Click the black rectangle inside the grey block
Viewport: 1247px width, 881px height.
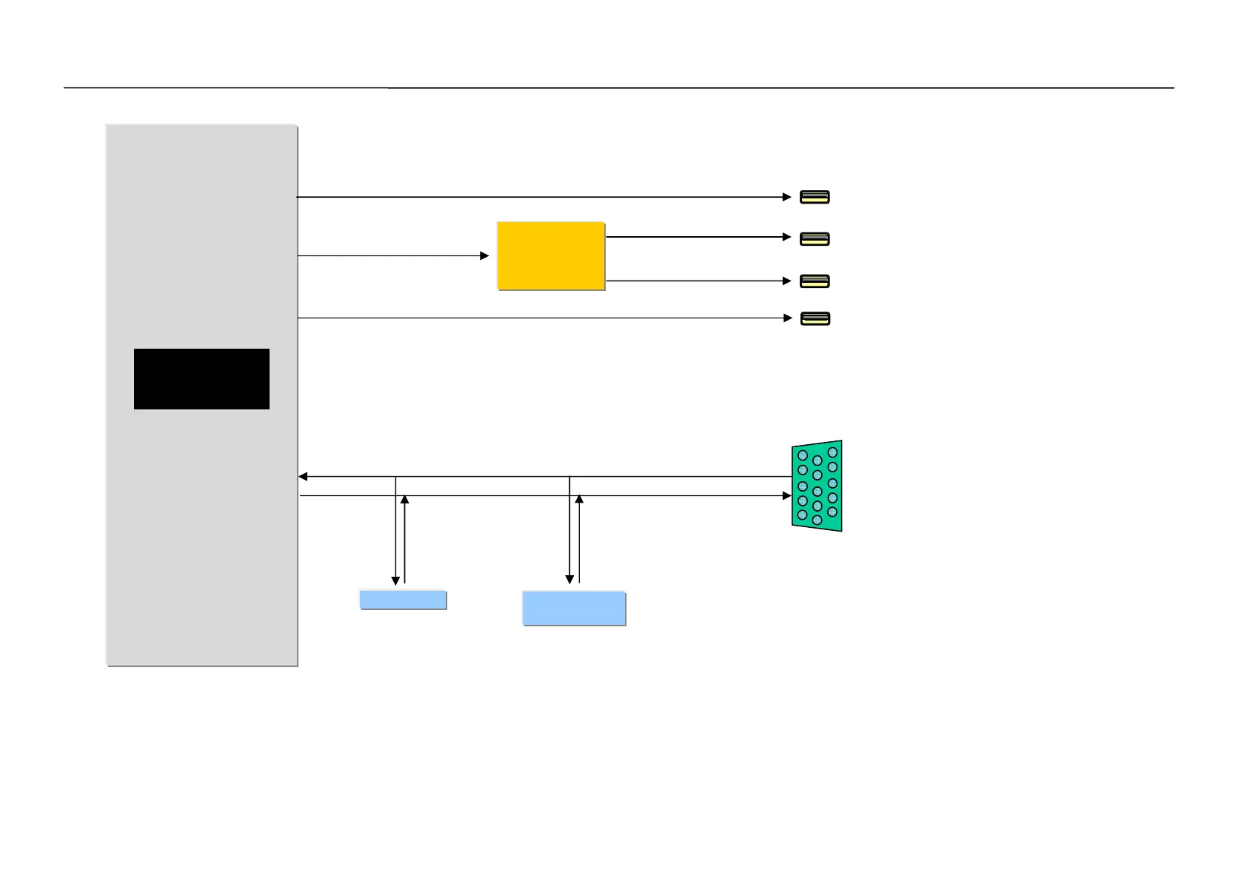pyautogui.click(x=201, y=378)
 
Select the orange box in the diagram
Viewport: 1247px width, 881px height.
pyautogui.click(x=551, y=255)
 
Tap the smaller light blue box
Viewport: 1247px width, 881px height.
pyautogui.click(x=403, y=600)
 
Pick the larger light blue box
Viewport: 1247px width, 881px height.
pyautogui.click(x=574, y=609)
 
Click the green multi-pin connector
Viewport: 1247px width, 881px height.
pyautogui.click(x=817, y=486)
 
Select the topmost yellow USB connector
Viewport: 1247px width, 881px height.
pyautogui.click(x=815, y=197)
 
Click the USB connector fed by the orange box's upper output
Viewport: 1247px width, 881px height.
pyautogui.click(x=815, y=239)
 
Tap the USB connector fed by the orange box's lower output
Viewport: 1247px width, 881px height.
pyautogui.click(x=815, y=281)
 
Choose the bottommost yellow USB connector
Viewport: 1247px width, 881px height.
pyautogui.click(x=815, y=318)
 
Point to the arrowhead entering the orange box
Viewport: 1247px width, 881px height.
pyautogui.click(x=484, y=255)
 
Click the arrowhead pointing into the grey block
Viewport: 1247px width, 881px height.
pyautogui.click(x=303, y=477)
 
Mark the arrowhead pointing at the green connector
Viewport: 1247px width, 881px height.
pyautogui.click(x=787, y=495)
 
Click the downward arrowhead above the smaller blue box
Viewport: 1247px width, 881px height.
pyautogui.click(x=395, y=581)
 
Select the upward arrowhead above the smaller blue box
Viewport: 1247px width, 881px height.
pyautogui.click(x=404, y=500)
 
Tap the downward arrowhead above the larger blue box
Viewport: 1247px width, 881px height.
pyautogui.click(x=569, y=580)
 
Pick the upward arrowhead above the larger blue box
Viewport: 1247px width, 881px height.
pyautogui.click(x=579, y=500)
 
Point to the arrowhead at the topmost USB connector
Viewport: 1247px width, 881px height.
pyautogui.click(x=787, y=197)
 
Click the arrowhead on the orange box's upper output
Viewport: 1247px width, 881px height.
pyautogui.click(x=787, y=237)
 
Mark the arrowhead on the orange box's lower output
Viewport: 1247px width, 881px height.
pyautogui.click(x=787, y=281)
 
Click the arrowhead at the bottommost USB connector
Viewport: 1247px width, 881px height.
pyautogui.click(x=788, y=318)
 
